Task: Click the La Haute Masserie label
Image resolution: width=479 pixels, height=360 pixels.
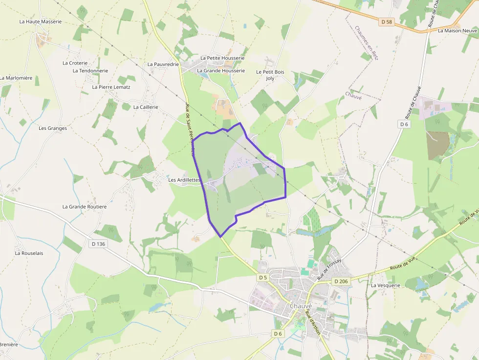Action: (41, 21)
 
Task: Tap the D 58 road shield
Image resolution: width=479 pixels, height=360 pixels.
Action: (386, 21)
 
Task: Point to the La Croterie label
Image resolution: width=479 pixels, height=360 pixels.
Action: (75, 63)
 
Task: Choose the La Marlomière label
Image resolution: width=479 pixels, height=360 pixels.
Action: (16, 78)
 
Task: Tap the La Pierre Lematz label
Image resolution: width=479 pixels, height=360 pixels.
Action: (111, 87)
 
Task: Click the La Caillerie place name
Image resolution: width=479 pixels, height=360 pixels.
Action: (146, 107)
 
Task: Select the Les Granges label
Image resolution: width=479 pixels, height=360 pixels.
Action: (53, 128)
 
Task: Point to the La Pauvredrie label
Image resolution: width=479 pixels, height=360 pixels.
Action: (163, 64)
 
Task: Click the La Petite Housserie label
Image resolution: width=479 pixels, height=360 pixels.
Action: (219, 58)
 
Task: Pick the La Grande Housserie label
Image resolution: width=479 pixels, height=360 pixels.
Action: (220, 70)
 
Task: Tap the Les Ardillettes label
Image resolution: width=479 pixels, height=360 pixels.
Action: (184, 180)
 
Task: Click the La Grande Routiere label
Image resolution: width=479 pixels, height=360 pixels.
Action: (85, 207)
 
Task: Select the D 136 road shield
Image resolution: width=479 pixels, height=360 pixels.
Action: (98, 243)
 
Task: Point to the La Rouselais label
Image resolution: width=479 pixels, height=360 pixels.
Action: (29, 253)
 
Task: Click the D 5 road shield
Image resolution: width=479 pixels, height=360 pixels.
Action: (263, 277)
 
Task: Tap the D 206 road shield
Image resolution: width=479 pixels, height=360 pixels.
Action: (340, 281)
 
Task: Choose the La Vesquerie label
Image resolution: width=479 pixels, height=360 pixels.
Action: (386, 285)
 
